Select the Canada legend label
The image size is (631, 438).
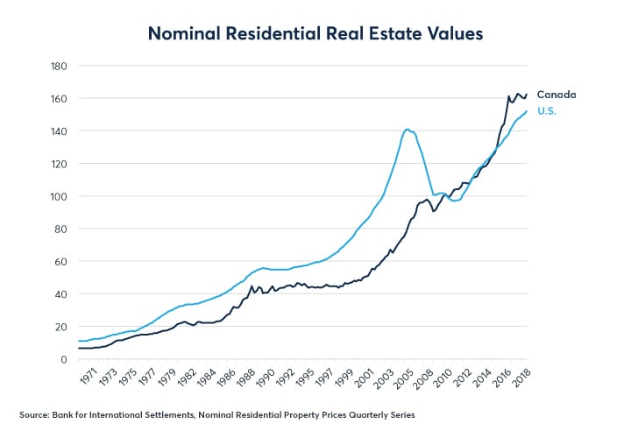click(557, 95)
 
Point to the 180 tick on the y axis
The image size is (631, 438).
click(60, 66)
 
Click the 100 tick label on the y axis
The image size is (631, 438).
click(60, 196)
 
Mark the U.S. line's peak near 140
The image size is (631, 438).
click(408, 130)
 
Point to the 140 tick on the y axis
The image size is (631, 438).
click(60, 131)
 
